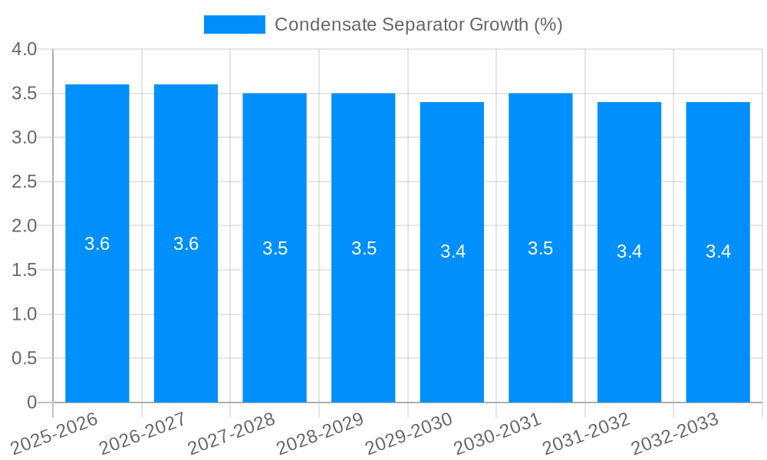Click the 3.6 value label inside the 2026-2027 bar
point(186,244)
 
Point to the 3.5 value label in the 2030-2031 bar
point(541,248)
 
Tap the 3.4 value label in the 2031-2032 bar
point(629,251)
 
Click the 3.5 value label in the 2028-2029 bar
point(364,248)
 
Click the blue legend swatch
point(234,25)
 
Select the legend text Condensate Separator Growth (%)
point(418,25)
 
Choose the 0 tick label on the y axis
point(31,402)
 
